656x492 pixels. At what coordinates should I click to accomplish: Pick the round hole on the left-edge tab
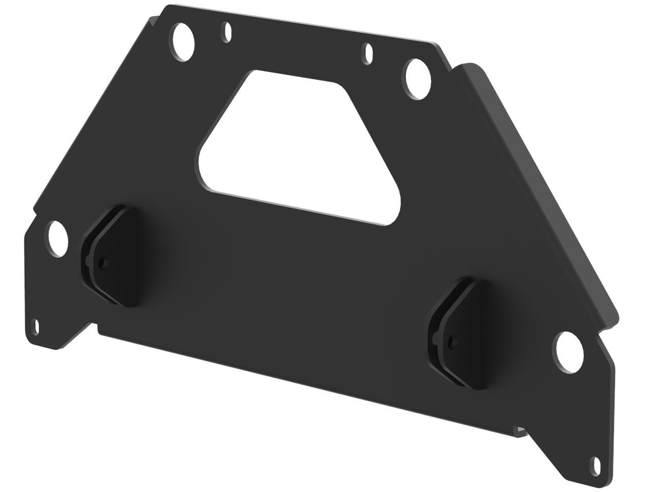click(x=57, y=238)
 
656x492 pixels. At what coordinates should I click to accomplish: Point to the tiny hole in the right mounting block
click(x=451, y=340)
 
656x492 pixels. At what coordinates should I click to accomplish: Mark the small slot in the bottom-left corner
click(x=35, y=326)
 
